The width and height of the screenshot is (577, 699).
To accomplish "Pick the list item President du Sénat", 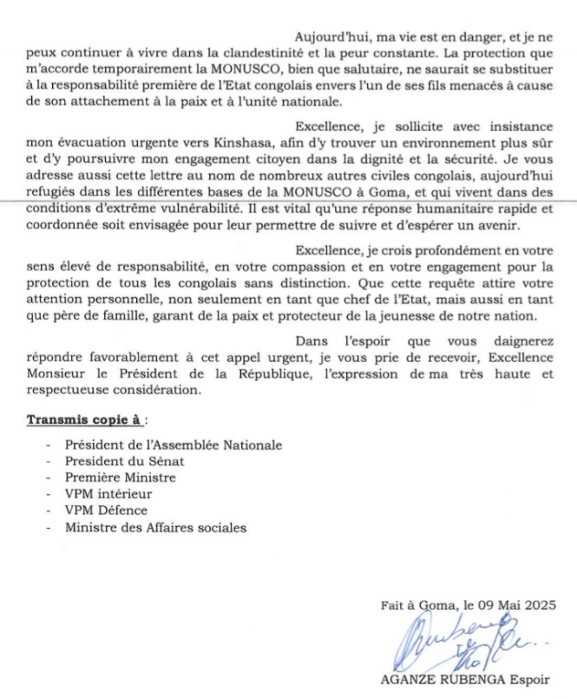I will click(124, 461).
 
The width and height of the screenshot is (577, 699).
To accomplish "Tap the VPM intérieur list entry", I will click(108, 494).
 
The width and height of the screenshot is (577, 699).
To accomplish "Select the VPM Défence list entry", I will click(106, 511).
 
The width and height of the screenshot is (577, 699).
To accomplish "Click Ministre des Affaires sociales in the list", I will click(154, 527).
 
